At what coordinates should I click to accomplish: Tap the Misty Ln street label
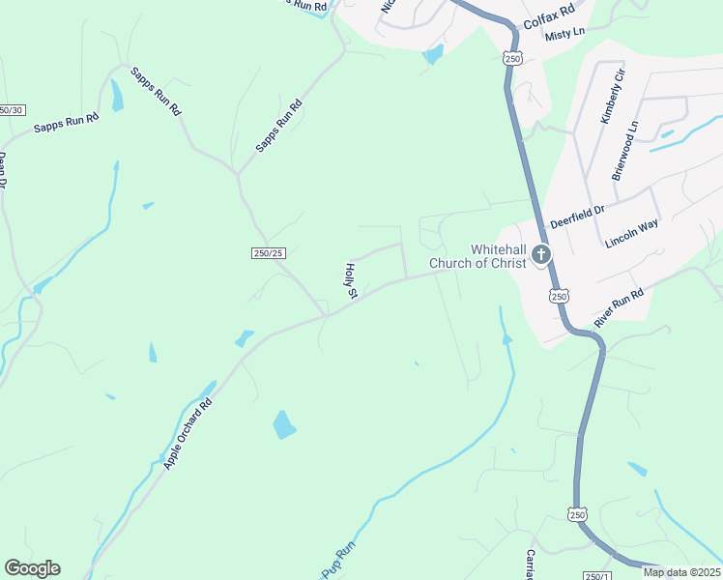click(x=565, y=34)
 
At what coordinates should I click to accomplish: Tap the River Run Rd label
click(x=620, y=306)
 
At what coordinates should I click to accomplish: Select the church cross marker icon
click(x=540, y=255)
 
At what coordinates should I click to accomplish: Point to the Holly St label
click(x=352, y=279)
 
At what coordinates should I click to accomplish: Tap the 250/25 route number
click(x=268, y=253)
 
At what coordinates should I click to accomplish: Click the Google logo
click(x=32, y=568)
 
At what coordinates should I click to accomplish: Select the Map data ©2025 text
click(x=680, y=572)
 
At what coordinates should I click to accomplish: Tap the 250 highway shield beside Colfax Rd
click(x=511, y=59)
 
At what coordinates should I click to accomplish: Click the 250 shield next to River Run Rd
click(x=559, y=296)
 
